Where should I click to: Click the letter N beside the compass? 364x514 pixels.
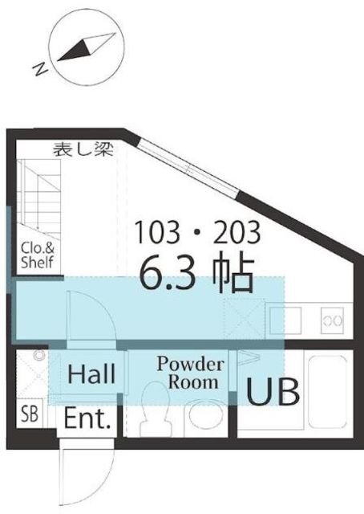pos(41,69)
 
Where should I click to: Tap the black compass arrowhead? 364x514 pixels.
pos(75,50)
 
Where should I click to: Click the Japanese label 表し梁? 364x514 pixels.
pos(83,149)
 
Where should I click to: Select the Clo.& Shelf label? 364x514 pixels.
pos(38,255)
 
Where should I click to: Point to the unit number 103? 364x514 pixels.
pos(157,232)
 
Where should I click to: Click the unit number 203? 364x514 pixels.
pos(237,232)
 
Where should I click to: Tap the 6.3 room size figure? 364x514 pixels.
pos(168,275)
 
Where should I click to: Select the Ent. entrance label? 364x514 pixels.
pos(87,418)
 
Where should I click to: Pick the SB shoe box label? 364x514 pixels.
pos(30,414)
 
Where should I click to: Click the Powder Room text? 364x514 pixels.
pos(191,373)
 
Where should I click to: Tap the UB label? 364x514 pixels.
pos(273,392)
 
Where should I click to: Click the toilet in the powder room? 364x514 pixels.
pos(155,409)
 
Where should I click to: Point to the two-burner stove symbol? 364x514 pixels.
pos(332,320)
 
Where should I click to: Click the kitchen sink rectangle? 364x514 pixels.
pos(285,320)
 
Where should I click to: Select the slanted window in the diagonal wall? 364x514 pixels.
pos(189,167)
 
